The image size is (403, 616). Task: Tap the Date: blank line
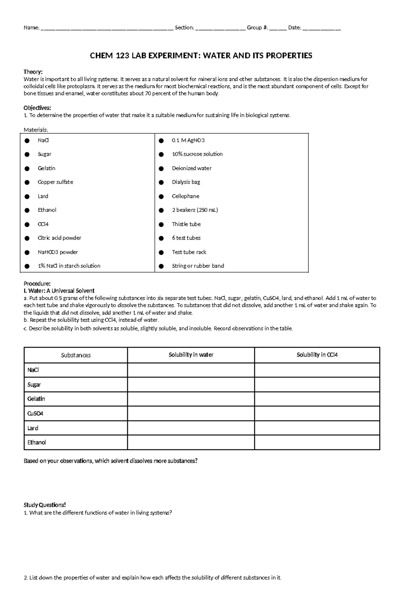pyautogui.click(x=321, y=29)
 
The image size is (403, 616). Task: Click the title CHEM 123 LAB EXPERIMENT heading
pyautogui.click(x=201, y=56)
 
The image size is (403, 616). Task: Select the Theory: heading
pyautogui.click(x=33, y=72)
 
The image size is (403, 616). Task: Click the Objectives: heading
pyautogui.click(x=37, y=108)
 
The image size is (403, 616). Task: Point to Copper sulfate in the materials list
pyautogui.click(x=55, y=182)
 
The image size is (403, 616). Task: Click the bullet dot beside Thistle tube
pyautogui.click(x=161, y=224)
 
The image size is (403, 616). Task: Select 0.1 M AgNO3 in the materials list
pyautogui.click(x=188, y=140)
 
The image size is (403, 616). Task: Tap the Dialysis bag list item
pyautogui.click(x=186, y=182)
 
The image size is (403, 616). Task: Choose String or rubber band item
pyautogui.click(x=198, y=266)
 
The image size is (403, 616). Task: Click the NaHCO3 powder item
pyautogui.click(x=57, y=252)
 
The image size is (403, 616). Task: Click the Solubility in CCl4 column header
pyautogui.click(x=317, y=355)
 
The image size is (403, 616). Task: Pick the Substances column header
pyautogui.click(x=76, y=355)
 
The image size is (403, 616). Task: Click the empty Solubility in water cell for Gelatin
pyautogui.click(x=191, y=399)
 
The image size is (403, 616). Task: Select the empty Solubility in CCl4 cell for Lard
pyautogui.click(x=317, y=428)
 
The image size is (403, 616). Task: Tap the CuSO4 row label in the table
pyautogui.click(x=35, y=414)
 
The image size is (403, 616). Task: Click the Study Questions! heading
pyautogui.click(x=45, y=505)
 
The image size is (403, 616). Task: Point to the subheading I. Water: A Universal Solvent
pyautogui.click(x=59, y=291)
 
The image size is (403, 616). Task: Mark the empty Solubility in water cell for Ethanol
pyautogui.click(x=191, y=442)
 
